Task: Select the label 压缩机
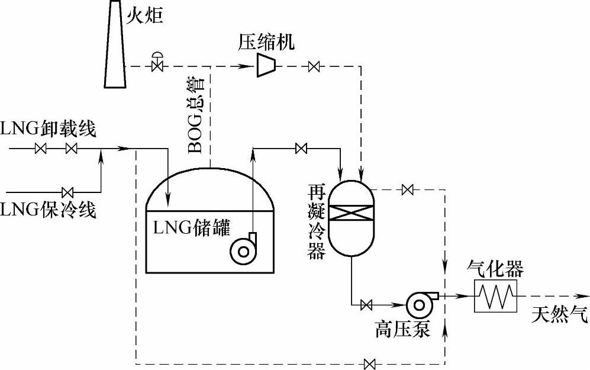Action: [x=266, y=41]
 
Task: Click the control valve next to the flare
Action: [x=157, y=65]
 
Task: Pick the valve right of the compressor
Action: [x=314, y=66]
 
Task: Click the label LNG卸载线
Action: [x=48, y=129]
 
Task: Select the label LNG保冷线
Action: [x=48, y=210]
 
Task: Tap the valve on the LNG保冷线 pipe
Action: [x=67, y=192]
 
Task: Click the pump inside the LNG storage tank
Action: [x=243, y=250]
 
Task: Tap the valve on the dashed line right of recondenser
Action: [x=407, y=190]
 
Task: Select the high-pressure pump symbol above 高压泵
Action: [x=420, y=303]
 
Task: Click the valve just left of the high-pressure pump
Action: [x=366, y=305]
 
